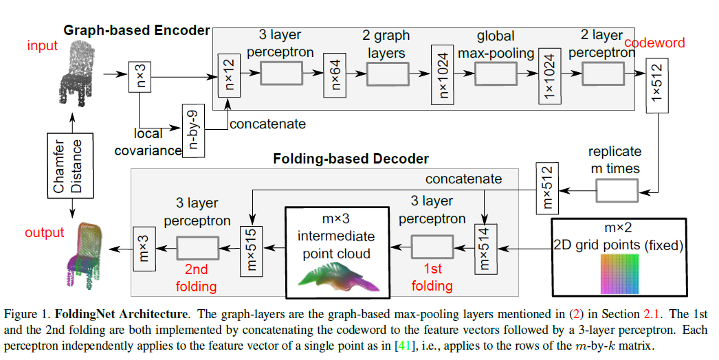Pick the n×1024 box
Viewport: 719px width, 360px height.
(440, 74)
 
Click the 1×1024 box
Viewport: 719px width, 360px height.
(549, 75)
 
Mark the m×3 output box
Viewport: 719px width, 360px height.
(143, 248)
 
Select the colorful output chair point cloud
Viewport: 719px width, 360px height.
(85, 254)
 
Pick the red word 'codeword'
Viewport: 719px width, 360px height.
(654, 43)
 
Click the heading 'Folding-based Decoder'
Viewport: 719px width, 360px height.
(351, 159)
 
